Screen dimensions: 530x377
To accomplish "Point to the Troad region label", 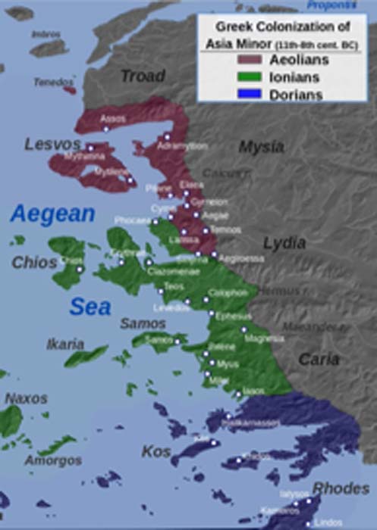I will click(x=142, y=76).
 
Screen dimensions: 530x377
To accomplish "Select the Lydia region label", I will click(x=284, y=243).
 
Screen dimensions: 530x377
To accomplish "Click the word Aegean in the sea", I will click(x=52, y=214).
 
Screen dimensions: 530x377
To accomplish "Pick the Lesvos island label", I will click(x=52, y=144).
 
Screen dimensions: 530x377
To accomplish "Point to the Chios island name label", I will click(x=34, y=262).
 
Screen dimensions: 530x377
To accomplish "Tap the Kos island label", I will click(x=156, y=451).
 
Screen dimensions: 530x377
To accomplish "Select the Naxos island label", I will click(x=27, y=398).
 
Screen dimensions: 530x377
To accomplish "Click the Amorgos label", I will click(x=52, y=460).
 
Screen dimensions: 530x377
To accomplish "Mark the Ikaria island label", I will click(x=65, y=344).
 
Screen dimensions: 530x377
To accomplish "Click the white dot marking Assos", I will click(x=105, y=129).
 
